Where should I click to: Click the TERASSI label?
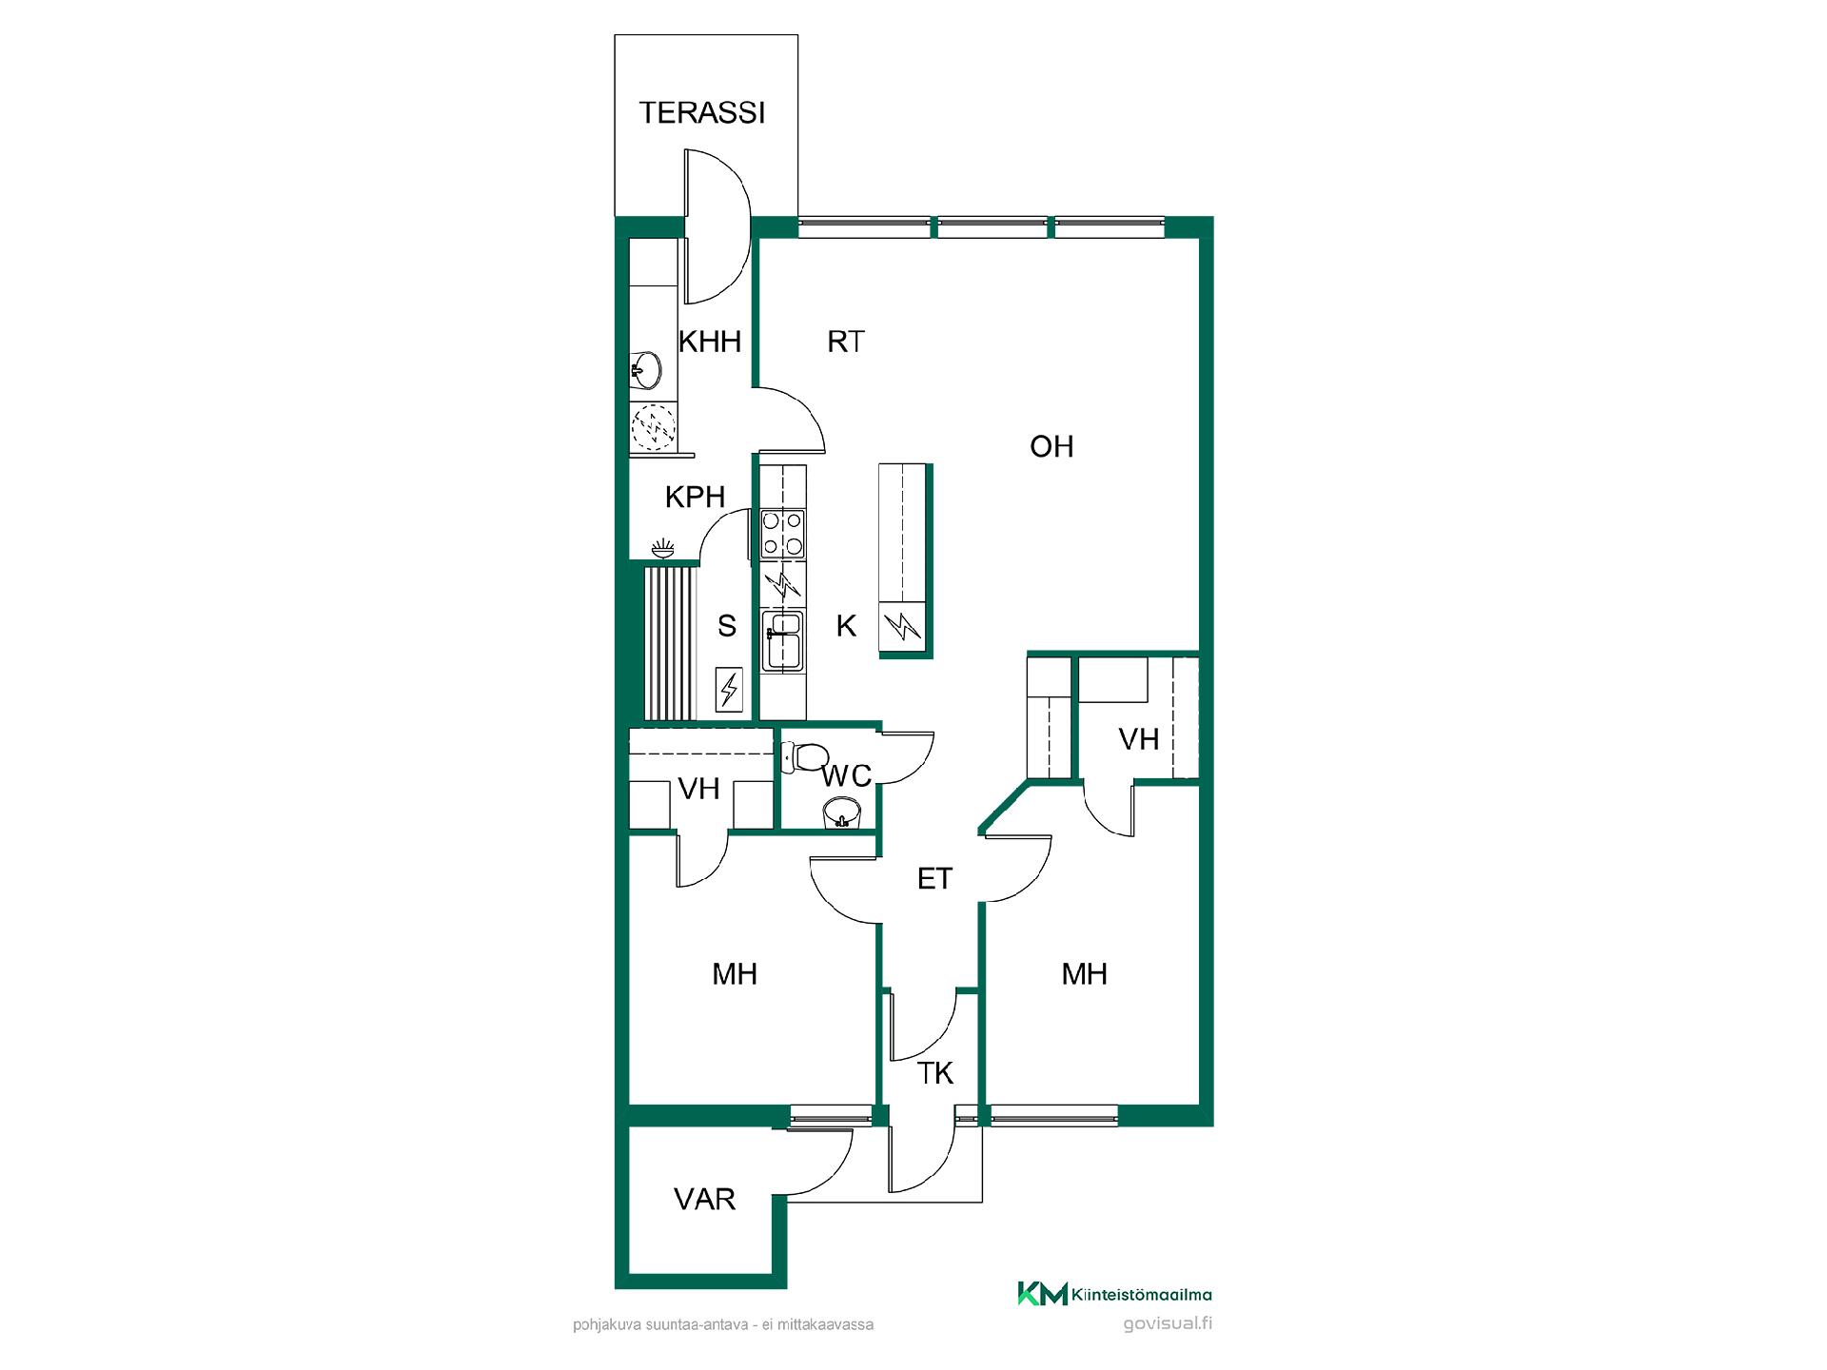(x=702, y=112)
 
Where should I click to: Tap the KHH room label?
(x=709, y=342)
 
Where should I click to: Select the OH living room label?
(x=1051, y=446)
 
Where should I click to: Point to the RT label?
(x=845, y=342)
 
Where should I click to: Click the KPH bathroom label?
(x=695, y=497)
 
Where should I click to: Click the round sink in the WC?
(x=841, y=812)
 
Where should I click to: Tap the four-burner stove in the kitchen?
(x=782, y=534)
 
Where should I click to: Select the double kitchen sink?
(x=782, y=641)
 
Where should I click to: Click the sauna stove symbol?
(x=729, y=688)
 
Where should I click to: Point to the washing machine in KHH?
(x=654, y=426)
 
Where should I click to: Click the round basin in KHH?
(x=647, y=369)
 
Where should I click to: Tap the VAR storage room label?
(x=704, y=1199)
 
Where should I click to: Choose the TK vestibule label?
(x=935, y=1073)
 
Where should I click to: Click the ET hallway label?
(x=934, y=878)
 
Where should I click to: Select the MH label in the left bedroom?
(x=735, y=973)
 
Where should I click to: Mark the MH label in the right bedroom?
(x=1084, y=973)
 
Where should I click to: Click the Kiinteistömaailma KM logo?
(x=1114, y=1294)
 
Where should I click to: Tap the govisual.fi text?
(x=1168, y=1323)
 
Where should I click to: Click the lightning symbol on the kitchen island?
(x=902, y=626)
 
